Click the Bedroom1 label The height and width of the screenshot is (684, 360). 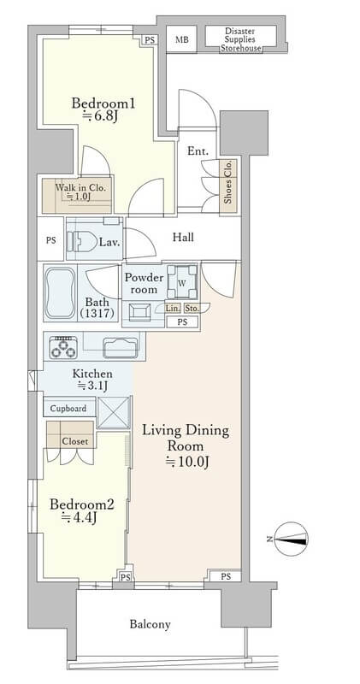click(103, 104)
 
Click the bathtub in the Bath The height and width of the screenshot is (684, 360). click(60, 292)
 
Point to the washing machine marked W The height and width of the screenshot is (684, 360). click(182, 283)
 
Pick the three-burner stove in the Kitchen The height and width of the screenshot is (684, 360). click(63, 348)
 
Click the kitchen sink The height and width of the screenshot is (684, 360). click(120, 348)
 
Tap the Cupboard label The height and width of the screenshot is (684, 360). click(68, 409)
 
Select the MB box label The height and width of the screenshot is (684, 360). click(182, 39)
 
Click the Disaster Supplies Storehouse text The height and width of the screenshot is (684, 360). click(240, 39)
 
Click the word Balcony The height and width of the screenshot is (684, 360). click(150, 624)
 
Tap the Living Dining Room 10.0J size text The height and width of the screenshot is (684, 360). click(186, 463)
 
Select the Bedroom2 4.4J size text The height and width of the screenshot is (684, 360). click(79, 518)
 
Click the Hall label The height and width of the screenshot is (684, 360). click(183, 238)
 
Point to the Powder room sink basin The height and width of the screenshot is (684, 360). click(139, 312)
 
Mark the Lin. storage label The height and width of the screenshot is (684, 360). click(173, 309)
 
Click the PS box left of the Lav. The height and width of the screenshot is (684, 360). click(51, 240)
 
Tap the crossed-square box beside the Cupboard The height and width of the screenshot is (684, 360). click(114, 412)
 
